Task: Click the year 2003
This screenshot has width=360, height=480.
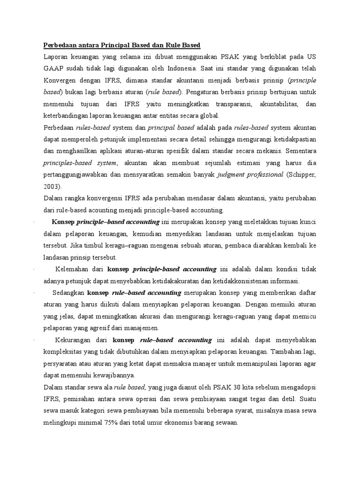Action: tap(52, 186)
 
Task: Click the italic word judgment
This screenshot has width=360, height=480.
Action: tap(232, 174)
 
